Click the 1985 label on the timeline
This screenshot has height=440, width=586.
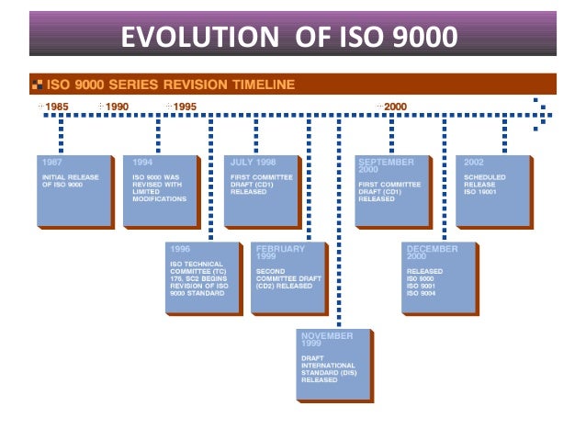point(57,107)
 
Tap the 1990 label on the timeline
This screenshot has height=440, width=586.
point(117,107)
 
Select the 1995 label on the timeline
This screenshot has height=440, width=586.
point(185,107)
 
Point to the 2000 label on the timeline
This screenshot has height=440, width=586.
point(395,107)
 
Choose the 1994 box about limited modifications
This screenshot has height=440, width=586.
point(161,191)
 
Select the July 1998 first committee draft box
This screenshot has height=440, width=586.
point(261,191)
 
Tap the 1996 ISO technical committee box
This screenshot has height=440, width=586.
point(204,278)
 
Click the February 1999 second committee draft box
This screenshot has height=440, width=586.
point(288,278)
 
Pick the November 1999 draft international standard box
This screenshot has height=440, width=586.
point(333,364)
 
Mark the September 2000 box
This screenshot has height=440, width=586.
point(391,191)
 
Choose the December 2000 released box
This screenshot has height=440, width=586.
point(439,278)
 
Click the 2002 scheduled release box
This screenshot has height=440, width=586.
point(492,191)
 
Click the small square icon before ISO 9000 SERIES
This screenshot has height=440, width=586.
point(37,85)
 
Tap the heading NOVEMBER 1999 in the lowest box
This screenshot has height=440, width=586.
point(326,341)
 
